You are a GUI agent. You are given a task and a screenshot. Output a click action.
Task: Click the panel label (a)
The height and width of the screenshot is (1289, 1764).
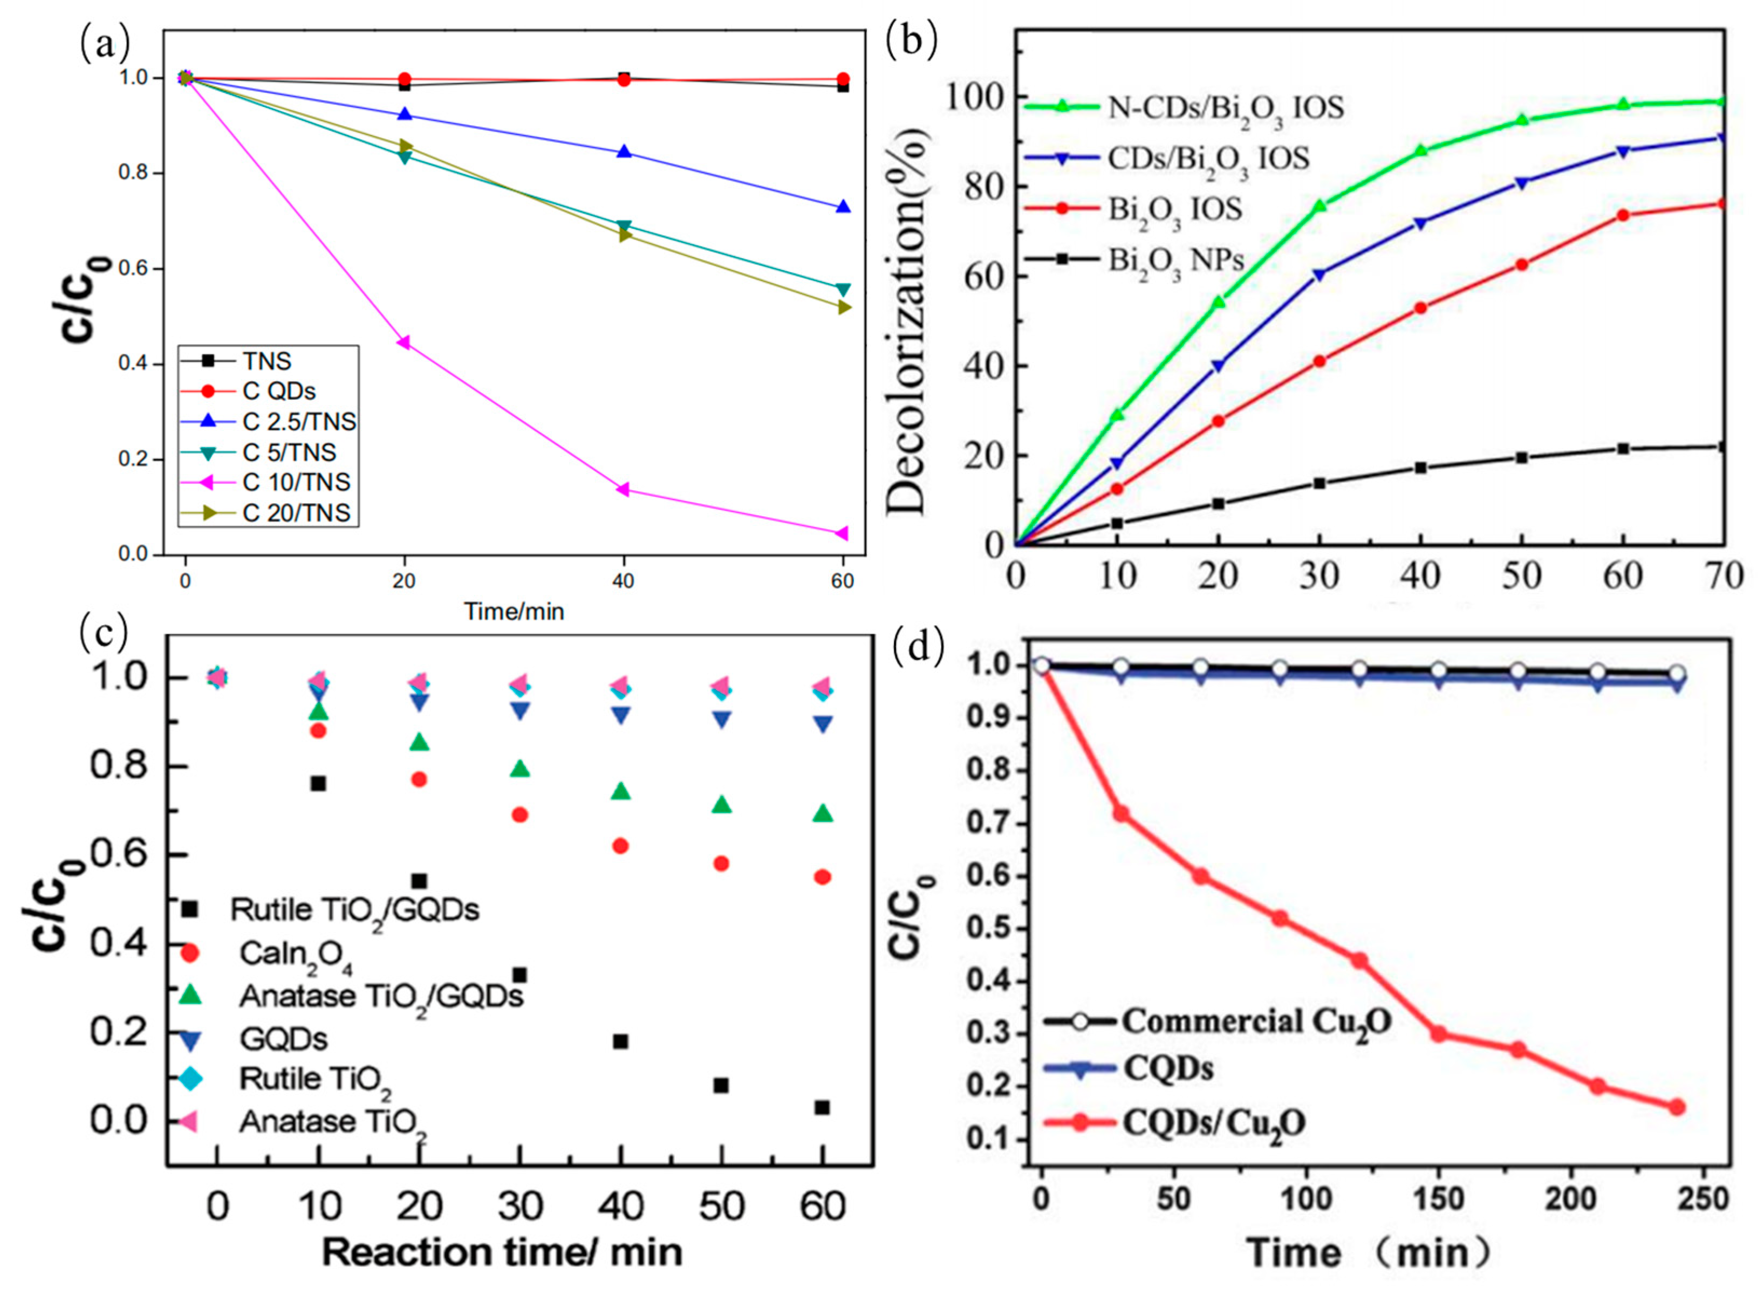(x=104, y=44)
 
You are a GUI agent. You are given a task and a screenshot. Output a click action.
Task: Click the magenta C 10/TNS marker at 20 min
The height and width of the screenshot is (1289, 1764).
(x=404, y=342)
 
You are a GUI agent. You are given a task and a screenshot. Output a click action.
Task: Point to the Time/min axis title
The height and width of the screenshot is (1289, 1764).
(x=514, y=611)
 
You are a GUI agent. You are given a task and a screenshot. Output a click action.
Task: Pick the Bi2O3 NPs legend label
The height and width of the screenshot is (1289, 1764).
(x=1176, y=260)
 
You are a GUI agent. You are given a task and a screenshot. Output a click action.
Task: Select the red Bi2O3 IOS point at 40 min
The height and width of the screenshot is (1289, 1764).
(x=1420, y=308)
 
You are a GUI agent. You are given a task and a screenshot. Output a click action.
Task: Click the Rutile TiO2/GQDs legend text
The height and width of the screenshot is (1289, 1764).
(x=354, y=910)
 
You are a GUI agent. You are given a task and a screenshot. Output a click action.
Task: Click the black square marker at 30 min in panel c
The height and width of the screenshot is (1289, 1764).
(x=519, y=975)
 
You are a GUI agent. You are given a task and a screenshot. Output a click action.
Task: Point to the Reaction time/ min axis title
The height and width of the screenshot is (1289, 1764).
(x=502, y=1252)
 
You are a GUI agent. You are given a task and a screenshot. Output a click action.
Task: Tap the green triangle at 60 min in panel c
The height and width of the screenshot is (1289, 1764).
(x=822, y=814)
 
